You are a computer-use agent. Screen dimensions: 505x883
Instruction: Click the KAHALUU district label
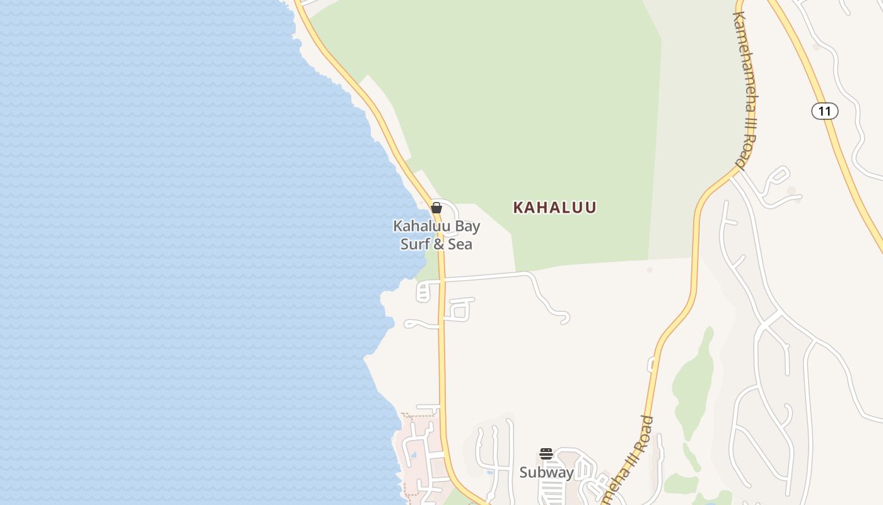tap(554, 207)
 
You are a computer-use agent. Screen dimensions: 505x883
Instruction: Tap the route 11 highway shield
tap(824, 111)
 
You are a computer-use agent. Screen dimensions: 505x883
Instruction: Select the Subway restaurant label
tap(546, 472)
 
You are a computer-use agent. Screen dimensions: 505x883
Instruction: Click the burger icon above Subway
tap(546, 454)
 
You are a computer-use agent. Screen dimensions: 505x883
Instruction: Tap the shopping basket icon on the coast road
tap(436, 208)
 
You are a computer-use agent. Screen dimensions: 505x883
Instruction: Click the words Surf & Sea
tap(436, 244)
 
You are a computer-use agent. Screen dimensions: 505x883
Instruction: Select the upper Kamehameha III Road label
tap(744, 88)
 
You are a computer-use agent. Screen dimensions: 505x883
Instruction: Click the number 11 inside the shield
tap(824, 111)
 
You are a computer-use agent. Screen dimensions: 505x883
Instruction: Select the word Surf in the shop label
tap(414, 244)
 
